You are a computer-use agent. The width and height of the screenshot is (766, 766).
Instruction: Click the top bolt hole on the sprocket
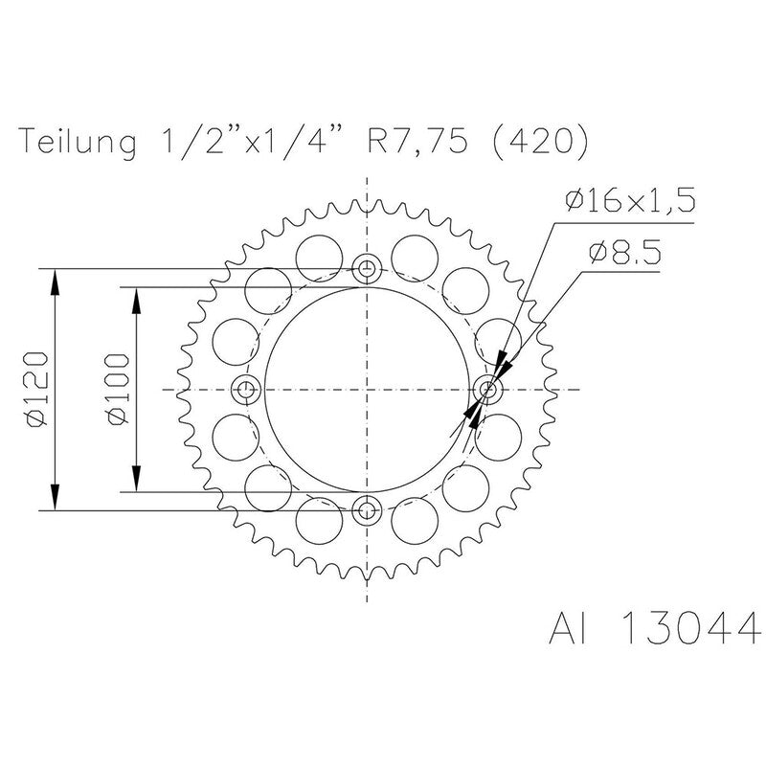[x=367, y=269]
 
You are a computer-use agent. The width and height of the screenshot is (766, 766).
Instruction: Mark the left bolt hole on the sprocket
[x=246, y=390]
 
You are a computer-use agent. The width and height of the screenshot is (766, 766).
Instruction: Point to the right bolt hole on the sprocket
[x=487, y=390]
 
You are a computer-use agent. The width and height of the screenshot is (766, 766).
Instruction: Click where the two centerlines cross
[x=367, y=390]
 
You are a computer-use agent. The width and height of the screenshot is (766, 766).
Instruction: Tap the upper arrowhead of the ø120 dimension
[x=56, y=282]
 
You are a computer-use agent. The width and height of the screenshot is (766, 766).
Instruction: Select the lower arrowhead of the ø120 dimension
[x=56, y=499]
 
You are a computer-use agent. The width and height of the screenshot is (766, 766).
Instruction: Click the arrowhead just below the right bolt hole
[x=472, y=412]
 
